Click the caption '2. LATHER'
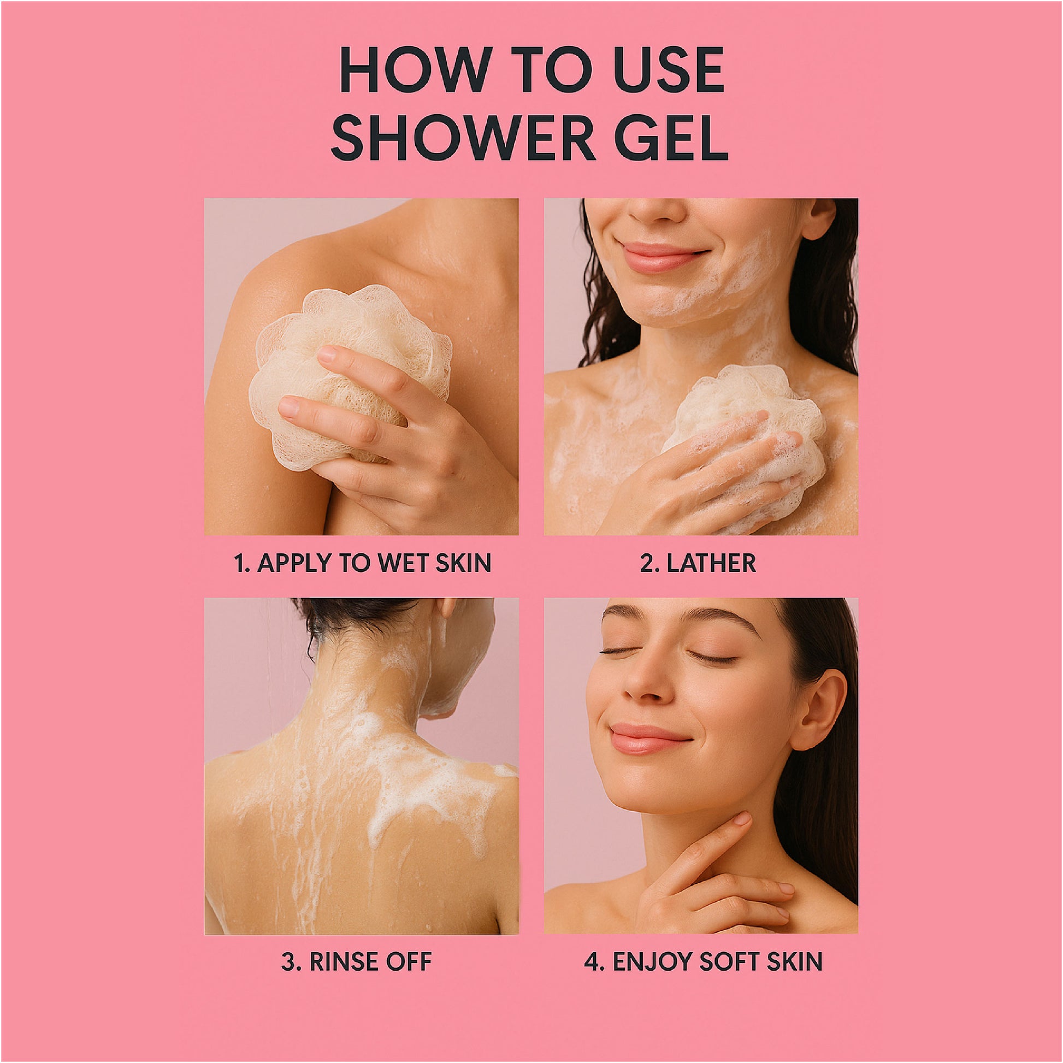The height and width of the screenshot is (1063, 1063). pyautogui.click(x=698, y=563)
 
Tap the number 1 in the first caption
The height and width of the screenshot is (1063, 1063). pyautogui.click(x=240, y=563)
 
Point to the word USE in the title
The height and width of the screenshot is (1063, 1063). pyautogui.click(x=670, y=70)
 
